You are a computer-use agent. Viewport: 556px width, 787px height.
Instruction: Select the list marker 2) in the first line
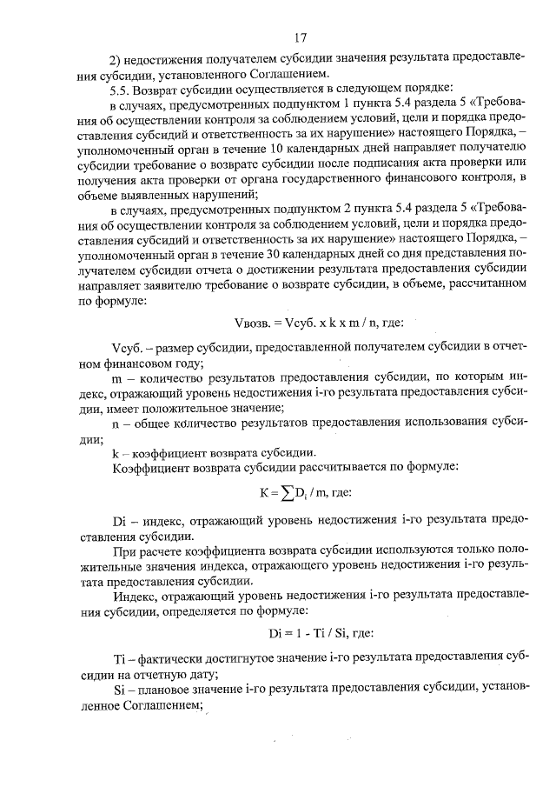119,59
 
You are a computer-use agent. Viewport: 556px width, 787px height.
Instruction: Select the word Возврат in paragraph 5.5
162,90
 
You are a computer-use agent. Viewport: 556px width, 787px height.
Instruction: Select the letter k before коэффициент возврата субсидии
115,453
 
